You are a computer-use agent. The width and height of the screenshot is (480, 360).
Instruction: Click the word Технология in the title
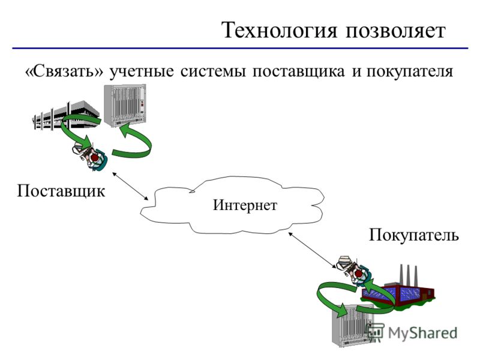tap(279, 31)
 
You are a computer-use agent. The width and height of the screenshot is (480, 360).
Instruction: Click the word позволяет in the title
tap(395, 31)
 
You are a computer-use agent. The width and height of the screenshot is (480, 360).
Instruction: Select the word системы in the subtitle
tap(212, 71)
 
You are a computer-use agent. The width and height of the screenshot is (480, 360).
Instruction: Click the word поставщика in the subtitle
tap(298, 71)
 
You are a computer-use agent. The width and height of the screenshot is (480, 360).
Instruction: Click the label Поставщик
tap(61, 191)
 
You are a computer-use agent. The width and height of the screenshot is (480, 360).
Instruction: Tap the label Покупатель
tap(414, 235)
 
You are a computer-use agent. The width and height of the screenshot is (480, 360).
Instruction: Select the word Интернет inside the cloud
tap(245, 205)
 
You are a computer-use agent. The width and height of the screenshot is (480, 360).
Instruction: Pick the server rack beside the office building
tap(125, 106)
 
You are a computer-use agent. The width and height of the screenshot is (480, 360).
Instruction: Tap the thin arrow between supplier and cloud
tap(130, 186)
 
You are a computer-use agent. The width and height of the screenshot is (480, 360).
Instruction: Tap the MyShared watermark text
tap(422, 333)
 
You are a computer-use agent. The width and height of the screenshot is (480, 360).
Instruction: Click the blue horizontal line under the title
tap(240, 49)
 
